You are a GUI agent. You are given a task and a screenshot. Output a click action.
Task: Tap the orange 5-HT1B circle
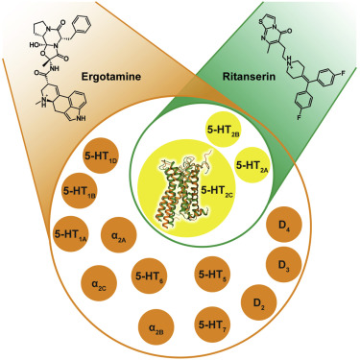(82, 192)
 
